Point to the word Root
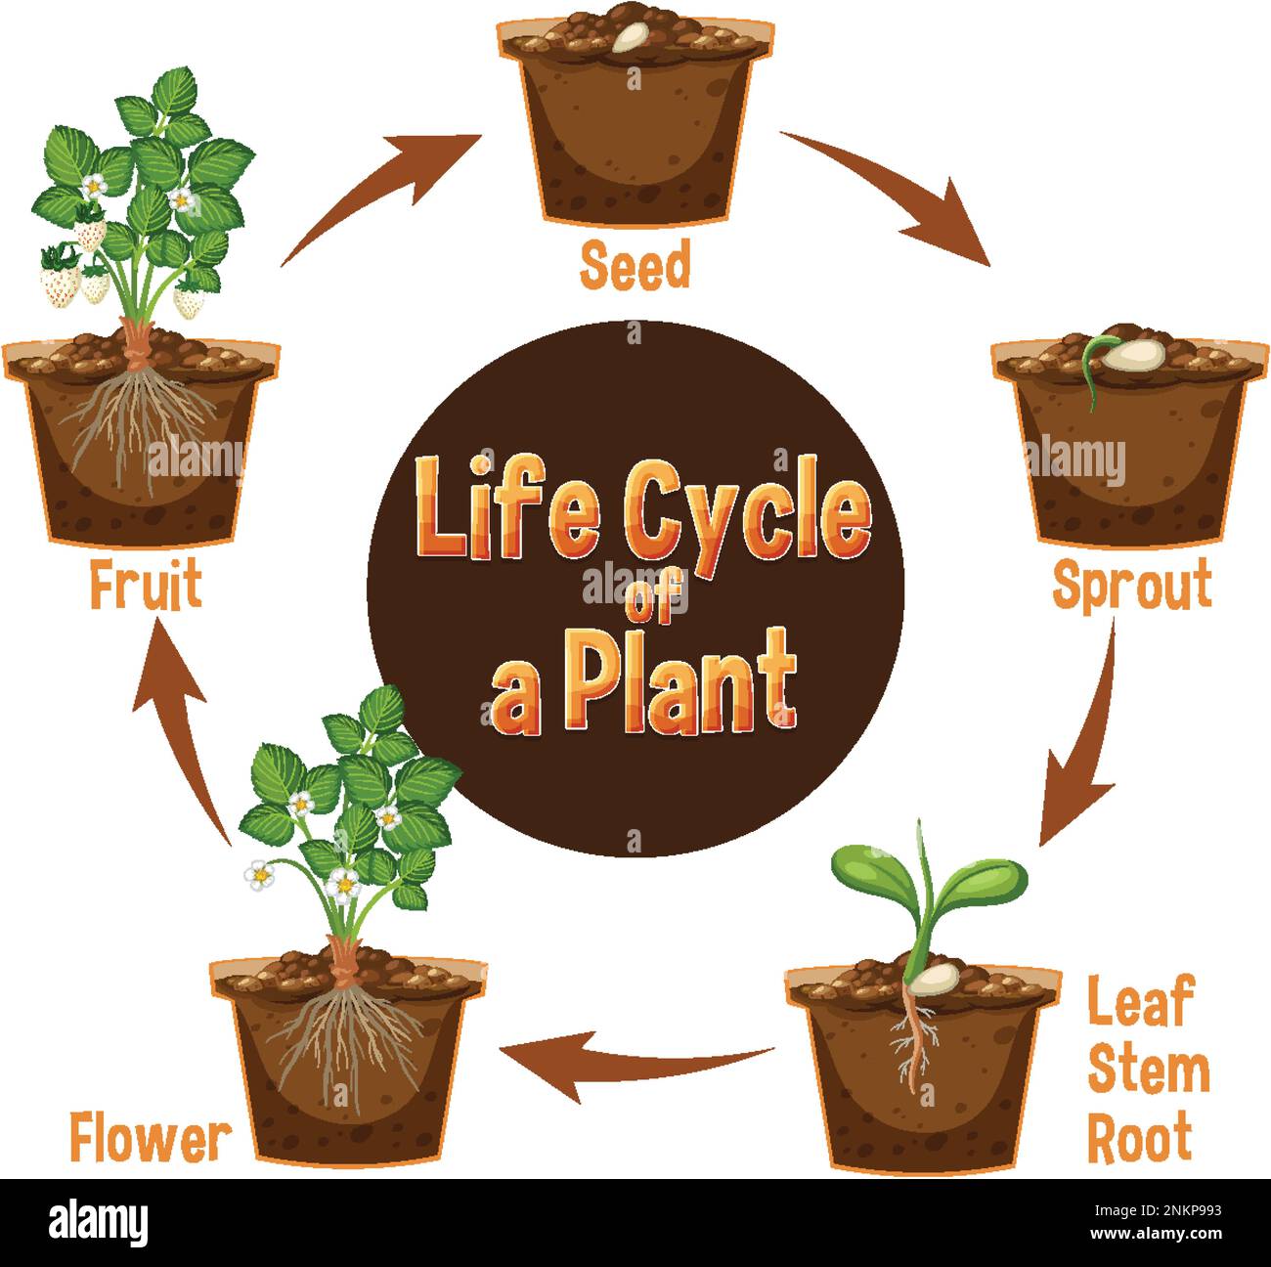[x=1140, y=1136]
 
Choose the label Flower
[x=151, y=1138]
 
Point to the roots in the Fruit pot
[x=137, y=420]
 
